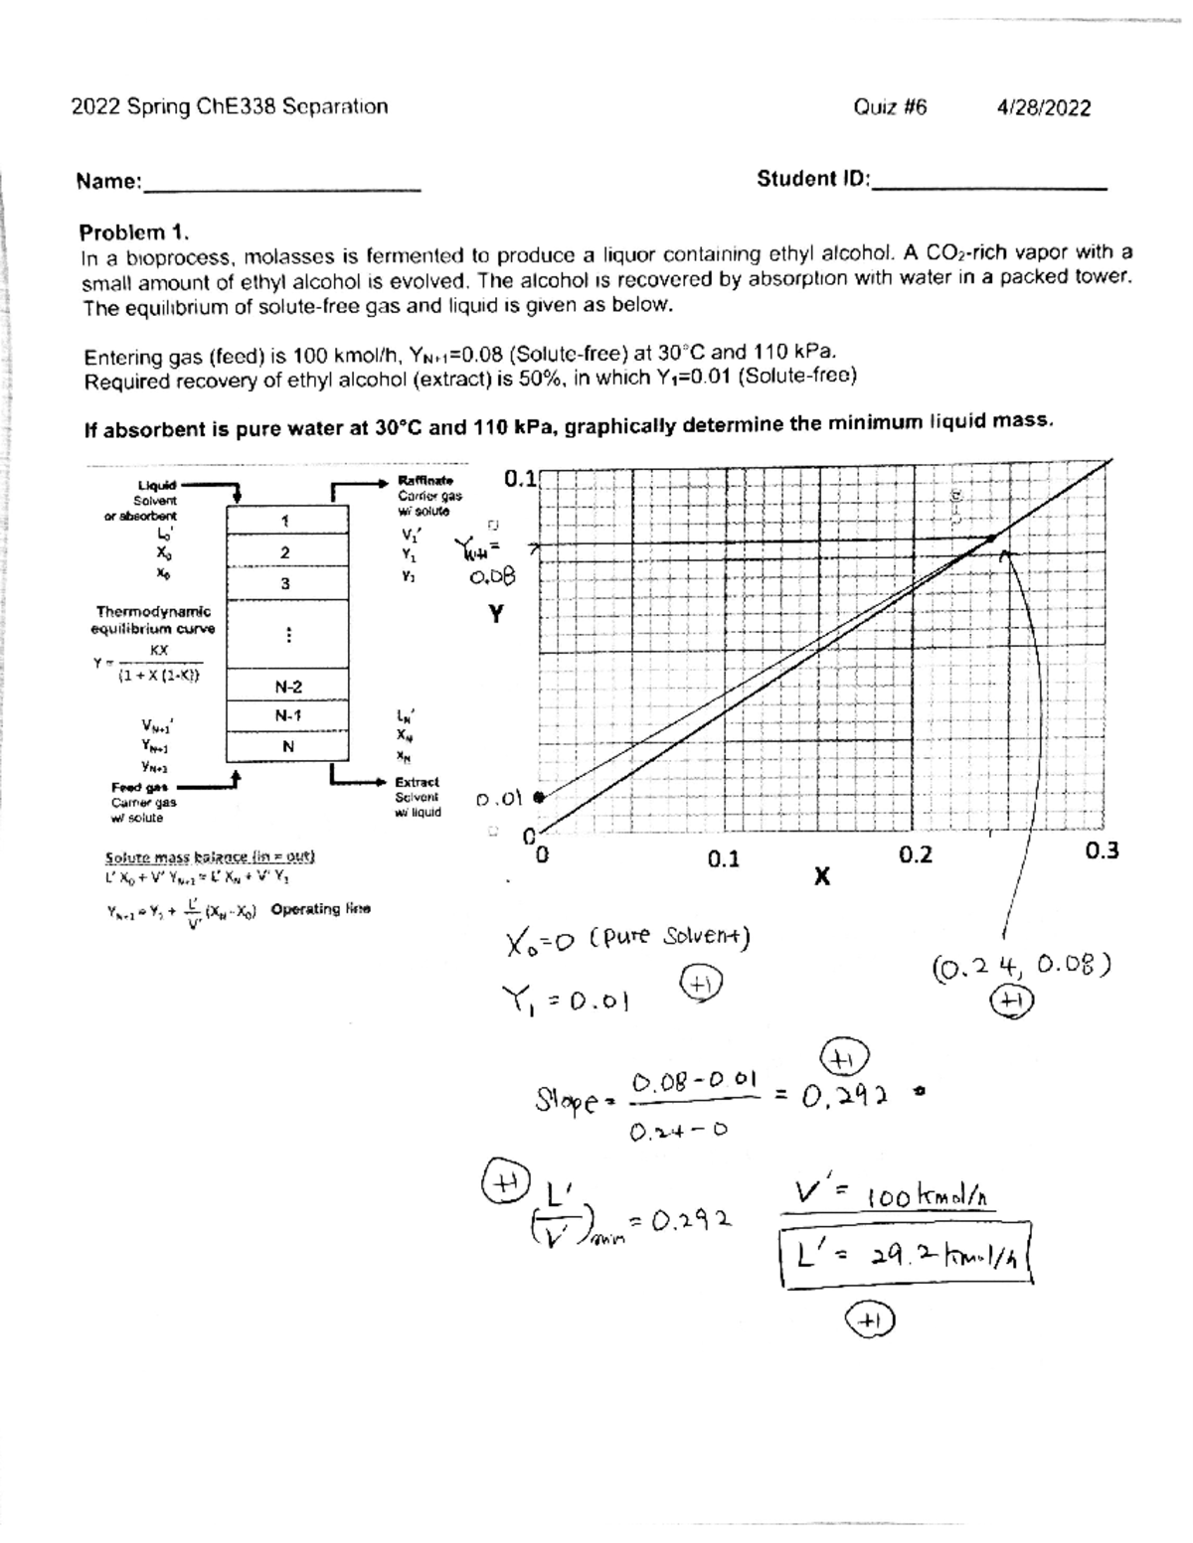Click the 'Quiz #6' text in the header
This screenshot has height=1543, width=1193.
click(890, 107)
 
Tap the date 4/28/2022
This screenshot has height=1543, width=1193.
click(1043, 107)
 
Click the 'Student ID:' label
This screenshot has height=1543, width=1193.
click(813, 179)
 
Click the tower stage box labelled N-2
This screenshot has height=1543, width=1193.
click(288, 687)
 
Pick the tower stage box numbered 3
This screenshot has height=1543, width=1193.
click(285, 583)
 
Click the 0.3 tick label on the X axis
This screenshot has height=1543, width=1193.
click(1102, 850)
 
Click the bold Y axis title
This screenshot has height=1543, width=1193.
click(495, 615)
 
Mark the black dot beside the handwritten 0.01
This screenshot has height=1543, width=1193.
click(538, 797)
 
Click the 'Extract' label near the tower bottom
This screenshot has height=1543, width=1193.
click(417, 782)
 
